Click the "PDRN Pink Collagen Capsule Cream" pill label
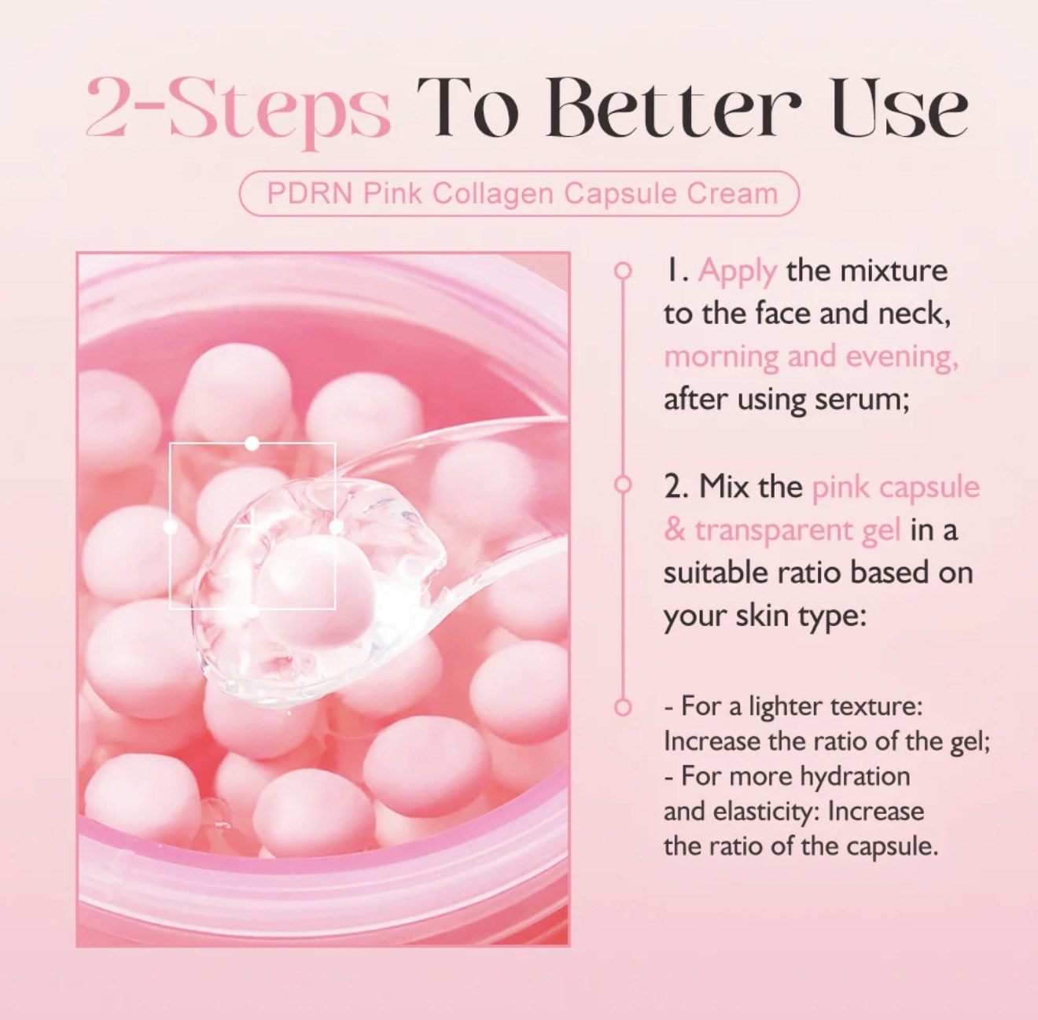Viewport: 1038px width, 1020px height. click(x=519, y=193)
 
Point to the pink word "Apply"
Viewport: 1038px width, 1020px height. click(x=737, y=271)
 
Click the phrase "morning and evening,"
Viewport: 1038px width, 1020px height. click(x=811, y=356)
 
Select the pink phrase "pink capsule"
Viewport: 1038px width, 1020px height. click(x=896, y=487)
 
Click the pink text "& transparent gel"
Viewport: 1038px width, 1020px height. click(x=782, y=530)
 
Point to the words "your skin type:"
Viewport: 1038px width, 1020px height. click(x=764, y=616)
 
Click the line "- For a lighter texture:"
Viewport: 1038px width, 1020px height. click(x=793, y=705)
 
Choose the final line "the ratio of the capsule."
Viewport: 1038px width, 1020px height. click(x=801, y=846)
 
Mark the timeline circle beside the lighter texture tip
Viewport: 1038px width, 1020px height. click(x=623, y=707)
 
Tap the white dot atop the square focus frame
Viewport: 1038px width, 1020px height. click(x=252, y=444)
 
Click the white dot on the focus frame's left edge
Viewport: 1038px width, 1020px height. click(x=171, y=527)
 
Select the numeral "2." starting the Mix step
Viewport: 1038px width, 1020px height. click(x=676, y=487)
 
